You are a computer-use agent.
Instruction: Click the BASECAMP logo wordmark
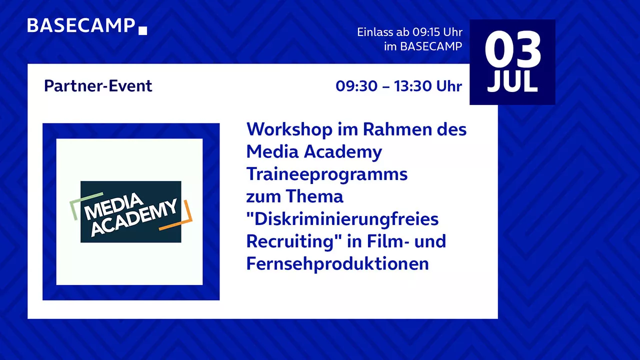[81, 25]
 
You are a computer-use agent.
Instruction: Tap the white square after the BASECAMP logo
[142, 30]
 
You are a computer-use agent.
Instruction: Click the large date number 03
[512, 49]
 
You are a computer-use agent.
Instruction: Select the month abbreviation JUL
[512, 81]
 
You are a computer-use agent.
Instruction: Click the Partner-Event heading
[98, 85]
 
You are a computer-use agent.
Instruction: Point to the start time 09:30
[356, 86]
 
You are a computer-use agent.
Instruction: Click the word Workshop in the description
[289, 129]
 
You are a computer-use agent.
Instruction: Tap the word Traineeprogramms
[327, 174]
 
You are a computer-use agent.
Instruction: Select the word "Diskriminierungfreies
[342, 219]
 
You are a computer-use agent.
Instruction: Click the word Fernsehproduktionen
[337, 263]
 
